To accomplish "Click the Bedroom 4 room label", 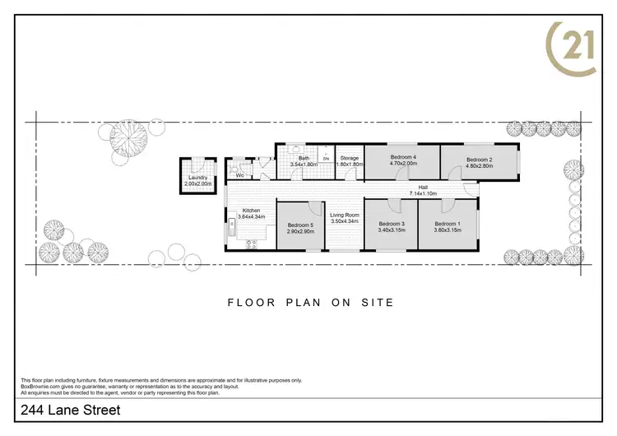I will [x=403, y=157].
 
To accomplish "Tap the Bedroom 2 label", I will [x=479, y=160].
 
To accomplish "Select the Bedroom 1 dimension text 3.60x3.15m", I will [x=448, y=230].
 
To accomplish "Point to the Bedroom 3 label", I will [x=392, y=224].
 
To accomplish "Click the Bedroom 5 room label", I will [x=301, y=225].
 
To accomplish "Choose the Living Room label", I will [x=345, y=215].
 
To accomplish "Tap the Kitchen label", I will [x=252, y=210].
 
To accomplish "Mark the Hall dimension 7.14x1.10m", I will [x=423, y=193].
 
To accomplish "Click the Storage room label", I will [x=350, y=158].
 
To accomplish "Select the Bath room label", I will [x=304, y=158].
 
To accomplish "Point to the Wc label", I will [x=239, y=175].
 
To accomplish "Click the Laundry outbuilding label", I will [x=197, y=178].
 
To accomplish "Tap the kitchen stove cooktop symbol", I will [x=251, y=242].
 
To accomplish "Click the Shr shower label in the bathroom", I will [x=327, y=158].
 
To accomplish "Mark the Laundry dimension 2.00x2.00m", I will [x=197, y=183].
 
